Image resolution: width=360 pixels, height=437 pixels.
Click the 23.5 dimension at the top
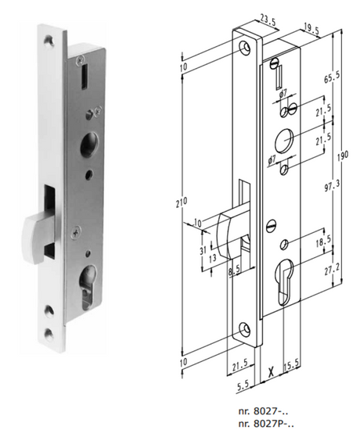tap(268, 20)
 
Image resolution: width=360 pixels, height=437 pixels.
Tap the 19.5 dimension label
tap(311, 30)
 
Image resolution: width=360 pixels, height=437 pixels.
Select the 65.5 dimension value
tap(332, 77)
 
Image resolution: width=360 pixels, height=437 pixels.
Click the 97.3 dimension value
tap(332, 186)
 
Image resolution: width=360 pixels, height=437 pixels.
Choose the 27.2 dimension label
tap(332, 270)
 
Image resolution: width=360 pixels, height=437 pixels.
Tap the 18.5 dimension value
tap(323, 241)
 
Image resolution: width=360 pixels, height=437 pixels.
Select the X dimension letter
tap(271, 371)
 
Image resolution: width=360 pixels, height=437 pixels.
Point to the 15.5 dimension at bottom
tap(291, 365)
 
